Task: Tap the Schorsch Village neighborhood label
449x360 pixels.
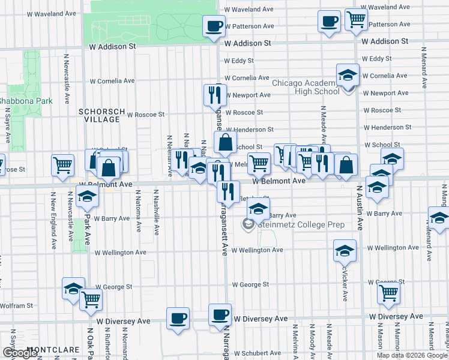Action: pyautogui.click(x=102, y=115)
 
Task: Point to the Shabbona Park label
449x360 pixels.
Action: pyautogui.click(x=25, y=101)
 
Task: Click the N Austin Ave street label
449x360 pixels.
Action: pyautogui.click(x=360, y=207)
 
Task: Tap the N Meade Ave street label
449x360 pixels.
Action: pyautogui.click(x=324, y=121)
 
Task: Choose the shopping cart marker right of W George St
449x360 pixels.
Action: pyautogui.click(x=388, y=293)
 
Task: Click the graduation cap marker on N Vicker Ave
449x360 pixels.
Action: pyautogui.click(x=345, y=250)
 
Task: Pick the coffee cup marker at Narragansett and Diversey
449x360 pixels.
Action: pyautogui.click(x=220, y=314)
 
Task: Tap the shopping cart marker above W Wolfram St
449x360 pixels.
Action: pyautogui.click(x=91, y=298)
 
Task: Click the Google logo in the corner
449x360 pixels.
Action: pyautogui.click(x=20, y=353)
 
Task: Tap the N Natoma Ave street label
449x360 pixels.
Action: pyautogui.click(x=138, y=212)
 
